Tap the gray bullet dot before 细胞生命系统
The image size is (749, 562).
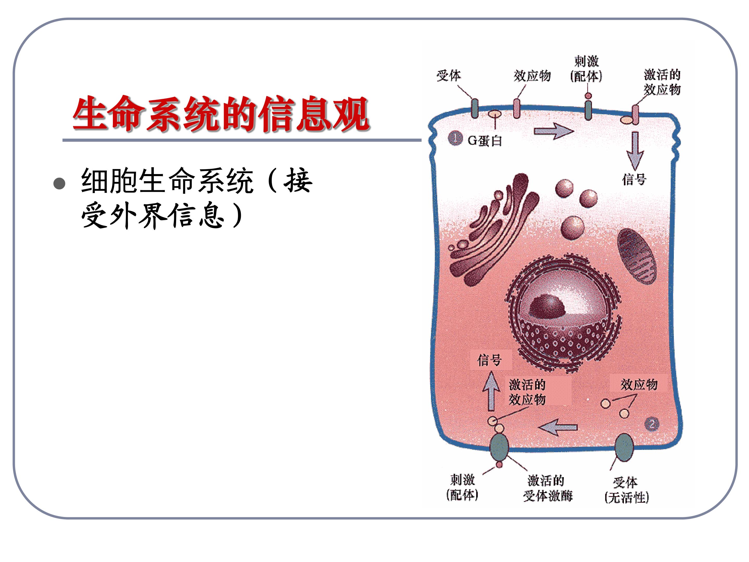pos(60,184)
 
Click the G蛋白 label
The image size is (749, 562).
pos(485,140)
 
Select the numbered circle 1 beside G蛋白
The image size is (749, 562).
pos(455,138)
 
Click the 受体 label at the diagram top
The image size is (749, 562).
pos(449,75)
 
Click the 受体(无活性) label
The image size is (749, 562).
pos(627,490)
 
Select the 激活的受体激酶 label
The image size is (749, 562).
pos(547,488)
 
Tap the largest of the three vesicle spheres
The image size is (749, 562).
pos(572,228)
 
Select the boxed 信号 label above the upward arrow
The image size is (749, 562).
pos(490,360)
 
